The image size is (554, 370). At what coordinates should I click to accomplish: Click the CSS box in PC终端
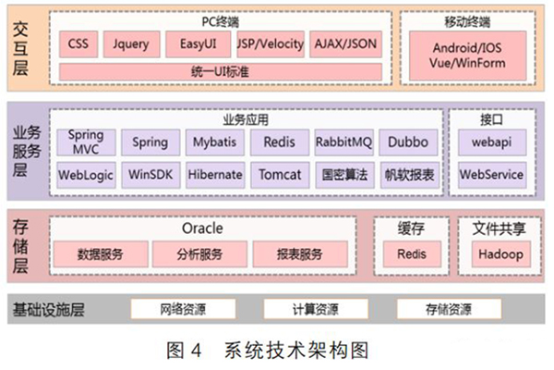pyautogui.click(x=80, y=43)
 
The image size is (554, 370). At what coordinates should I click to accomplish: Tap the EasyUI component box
pyautogui.click(x=198, y=43)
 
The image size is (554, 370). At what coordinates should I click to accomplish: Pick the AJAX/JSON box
pyautogui.click(x=344, y=43)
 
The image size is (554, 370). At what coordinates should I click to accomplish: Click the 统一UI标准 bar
pyautogui.click(x=219, y=71)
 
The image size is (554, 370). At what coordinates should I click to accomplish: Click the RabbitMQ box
pyautogui.click(x=343, y=142)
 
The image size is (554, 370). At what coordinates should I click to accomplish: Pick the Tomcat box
pyautogui.click(x=279, y=174)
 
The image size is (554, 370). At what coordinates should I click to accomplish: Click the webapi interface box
pyautogui.click(x=491, y=142)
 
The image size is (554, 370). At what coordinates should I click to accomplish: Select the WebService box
pyautogui.click(x=491, y=174)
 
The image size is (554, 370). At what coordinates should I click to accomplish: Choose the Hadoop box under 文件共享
pyautogui.click(x=500, y=254)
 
